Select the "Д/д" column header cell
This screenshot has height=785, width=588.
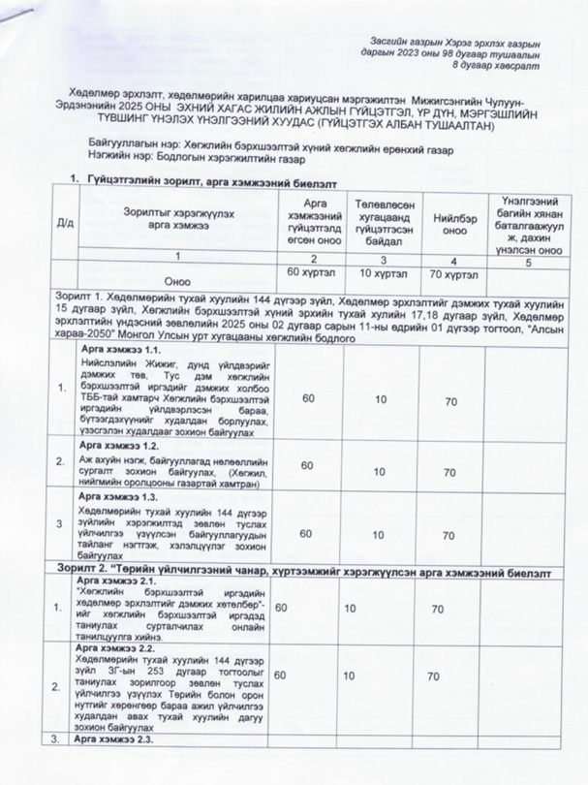(x=66, y=222)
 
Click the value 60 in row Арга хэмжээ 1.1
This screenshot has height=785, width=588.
(x=309, y=399)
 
